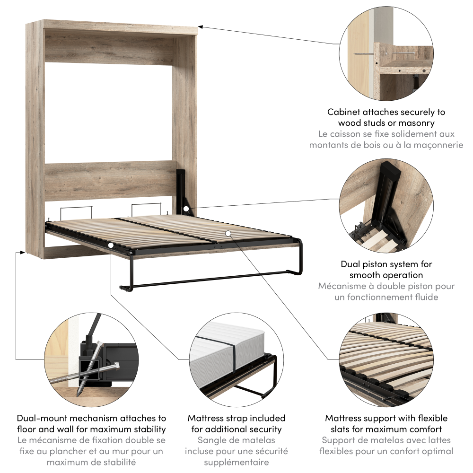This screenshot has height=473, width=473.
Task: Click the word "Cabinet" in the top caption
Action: [343, 112]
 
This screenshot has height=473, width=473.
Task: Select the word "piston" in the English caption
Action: [374, 264]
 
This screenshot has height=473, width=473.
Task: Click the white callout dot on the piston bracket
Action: [186, 209]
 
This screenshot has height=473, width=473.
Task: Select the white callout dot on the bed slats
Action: [228, 233]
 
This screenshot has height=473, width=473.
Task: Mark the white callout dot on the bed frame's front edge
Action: [111, 245]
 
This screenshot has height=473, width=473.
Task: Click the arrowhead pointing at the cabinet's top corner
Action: [200, 27]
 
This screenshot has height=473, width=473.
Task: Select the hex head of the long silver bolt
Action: [117, 366]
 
